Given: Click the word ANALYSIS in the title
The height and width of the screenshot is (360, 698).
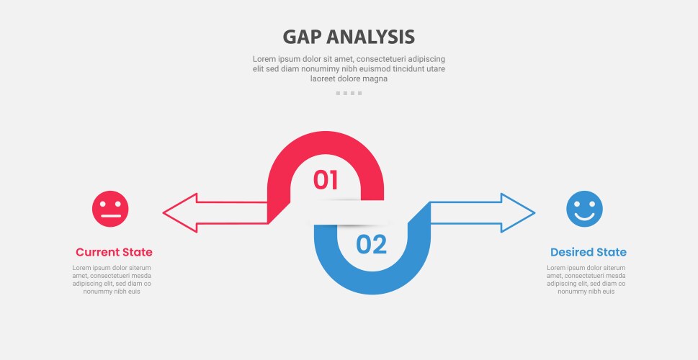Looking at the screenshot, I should coord(372,37).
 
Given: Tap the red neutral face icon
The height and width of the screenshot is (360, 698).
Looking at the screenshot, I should coord(110,209).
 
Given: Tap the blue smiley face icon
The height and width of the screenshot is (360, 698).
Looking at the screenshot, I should coord(584,209).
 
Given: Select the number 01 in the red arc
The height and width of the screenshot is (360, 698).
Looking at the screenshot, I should coord(326,180).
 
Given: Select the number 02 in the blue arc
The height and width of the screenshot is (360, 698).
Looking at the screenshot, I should coord(372,245).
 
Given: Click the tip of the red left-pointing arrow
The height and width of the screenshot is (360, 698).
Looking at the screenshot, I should coord(165,213).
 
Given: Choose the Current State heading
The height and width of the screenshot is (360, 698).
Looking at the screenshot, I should coord(114,252).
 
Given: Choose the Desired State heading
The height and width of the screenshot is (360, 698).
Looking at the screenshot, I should coord(588,252).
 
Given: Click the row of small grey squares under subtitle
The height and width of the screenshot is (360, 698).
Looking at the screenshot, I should coord(349,93).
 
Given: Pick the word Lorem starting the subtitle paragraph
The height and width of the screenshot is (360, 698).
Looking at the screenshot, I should coord(264,59).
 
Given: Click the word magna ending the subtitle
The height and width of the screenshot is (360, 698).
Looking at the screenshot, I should coord(375,79).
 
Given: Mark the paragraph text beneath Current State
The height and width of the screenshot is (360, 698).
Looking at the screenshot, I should coord(112,279).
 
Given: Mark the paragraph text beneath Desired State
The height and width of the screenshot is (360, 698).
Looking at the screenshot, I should coord(586,279).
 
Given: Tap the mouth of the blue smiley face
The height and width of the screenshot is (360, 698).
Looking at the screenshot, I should coord(584,215).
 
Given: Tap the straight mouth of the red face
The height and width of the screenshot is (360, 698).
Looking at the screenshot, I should coord(110,216).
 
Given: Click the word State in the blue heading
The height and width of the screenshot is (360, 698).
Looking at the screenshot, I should coord(610,252).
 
